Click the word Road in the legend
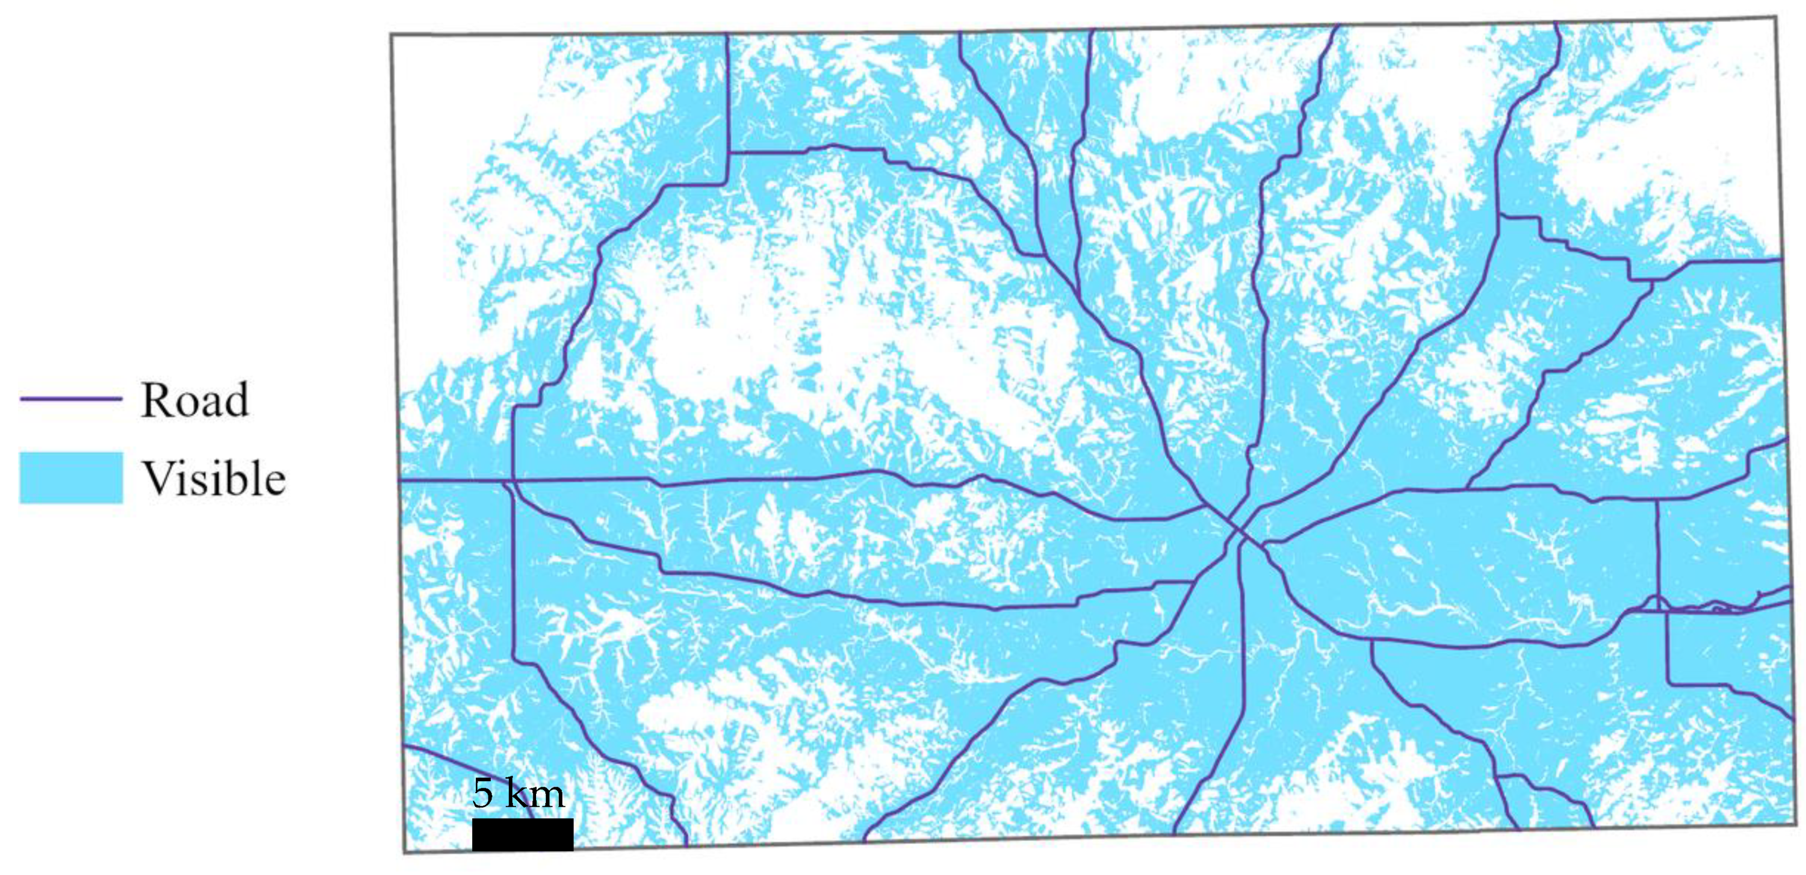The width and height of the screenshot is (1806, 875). click(x=194, y=400)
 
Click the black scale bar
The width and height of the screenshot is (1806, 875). click(x=523, y=834)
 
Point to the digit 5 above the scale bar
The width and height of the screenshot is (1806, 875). click(x=483, y=793)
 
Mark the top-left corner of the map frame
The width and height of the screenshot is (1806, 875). click(x=392, y=34)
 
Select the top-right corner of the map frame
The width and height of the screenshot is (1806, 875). click(x=1775, y=19)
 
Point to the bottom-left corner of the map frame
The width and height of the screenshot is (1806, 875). click(x=404, y=853)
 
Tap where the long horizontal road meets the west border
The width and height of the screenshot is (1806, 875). click(x=399, y=481)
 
